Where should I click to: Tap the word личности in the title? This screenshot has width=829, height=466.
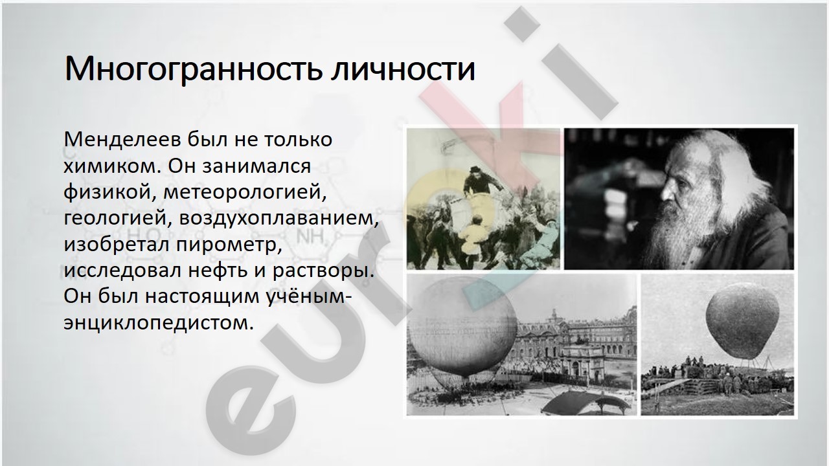[403, 69]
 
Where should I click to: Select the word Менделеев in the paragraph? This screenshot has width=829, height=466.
[124, 139]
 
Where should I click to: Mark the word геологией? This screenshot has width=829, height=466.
[115, 219]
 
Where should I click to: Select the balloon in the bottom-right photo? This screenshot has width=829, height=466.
[742, 320]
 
